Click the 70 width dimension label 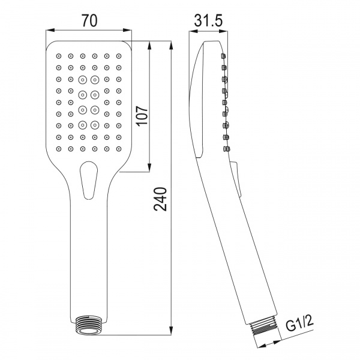(x=89, y=21)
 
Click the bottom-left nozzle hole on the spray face (x=59, y=148)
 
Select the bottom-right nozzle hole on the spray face (x=119, y=148)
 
